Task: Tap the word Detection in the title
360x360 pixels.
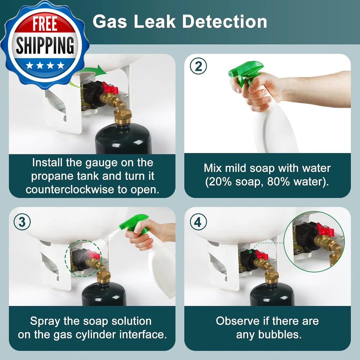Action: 225,22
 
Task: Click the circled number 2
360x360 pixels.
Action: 198,66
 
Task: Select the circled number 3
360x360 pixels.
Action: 22,222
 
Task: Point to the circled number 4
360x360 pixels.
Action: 198,222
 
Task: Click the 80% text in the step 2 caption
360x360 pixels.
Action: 279,182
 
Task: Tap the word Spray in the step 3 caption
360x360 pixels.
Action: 45,321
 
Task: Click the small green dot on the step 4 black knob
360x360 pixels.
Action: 250,252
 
